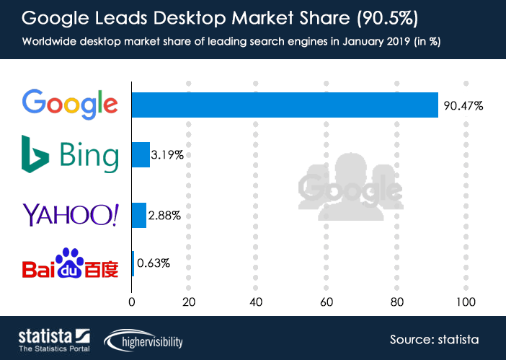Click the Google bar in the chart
tap(285, 105)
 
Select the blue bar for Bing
tap(141, 154)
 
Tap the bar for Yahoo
tap(139, 215)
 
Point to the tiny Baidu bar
tap(133, 263)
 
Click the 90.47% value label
tap(463, 105)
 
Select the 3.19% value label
tap(167, 154)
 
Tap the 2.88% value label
tap(165, 215)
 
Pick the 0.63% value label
tap(154, 263)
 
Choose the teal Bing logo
tap(70, 154)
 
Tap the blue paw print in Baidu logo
tap(71, 260)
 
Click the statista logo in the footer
tap(53, 340)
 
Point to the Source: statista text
tap(434, 339)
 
